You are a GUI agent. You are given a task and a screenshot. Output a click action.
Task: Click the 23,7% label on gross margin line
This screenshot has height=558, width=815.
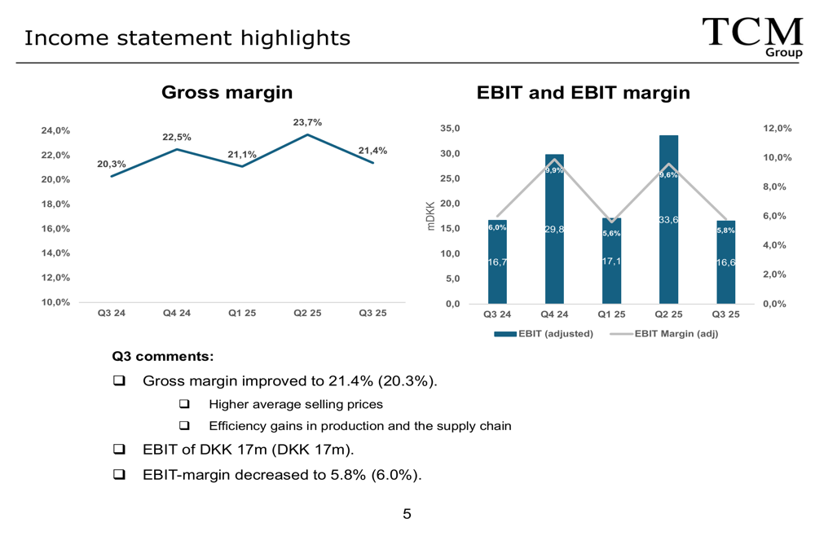(x=307, y=122)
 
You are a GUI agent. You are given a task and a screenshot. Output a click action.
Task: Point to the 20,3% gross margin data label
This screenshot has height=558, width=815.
(x=112, y=165)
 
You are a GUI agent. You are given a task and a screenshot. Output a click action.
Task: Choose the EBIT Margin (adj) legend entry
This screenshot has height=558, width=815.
(x=663, y=334)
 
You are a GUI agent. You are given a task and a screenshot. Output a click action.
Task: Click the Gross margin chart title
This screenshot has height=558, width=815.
(x=227, y=92)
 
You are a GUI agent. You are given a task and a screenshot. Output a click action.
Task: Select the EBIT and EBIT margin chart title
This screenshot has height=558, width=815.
(x=583, y=93)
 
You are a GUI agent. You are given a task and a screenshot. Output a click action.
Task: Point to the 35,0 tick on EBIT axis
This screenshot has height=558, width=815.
(x=450, y=129)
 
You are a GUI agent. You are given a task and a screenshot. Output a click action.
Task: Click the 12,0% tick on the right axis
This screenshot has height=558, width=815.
(x=778, y=129)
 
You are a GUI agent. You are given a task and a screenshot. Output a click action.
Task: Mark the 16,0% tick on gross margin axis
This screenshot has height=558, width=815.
(x=55, y=229)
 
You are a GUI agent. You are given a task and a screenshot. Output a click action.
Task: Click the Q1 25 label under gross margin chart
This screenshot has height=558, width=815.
(x=242, y=314)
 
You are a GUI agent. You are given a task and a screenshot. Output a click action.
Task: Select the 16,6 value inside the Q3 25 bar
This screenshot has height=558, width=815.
(x=726, y=262)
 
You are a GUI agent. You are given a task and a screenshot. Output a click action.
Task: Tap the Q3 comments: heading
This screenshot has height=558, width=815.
(x=163, y=356)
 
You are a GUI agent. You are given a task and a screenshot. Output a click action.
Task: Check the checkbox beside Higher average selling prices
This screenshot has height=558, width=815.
(x=184, y=404)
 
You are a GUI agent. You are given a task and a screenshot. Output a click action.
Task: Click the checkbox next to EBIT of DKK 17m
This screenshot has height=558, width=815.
(x=119, y=449)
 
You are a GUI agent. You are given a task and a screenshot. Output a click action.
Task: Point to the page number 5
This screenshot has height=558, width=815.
(x=407, y=513)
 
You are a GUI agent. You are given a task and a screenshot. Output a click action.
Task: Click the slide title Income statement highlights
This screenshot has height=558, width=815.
(x=187, y=37)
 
